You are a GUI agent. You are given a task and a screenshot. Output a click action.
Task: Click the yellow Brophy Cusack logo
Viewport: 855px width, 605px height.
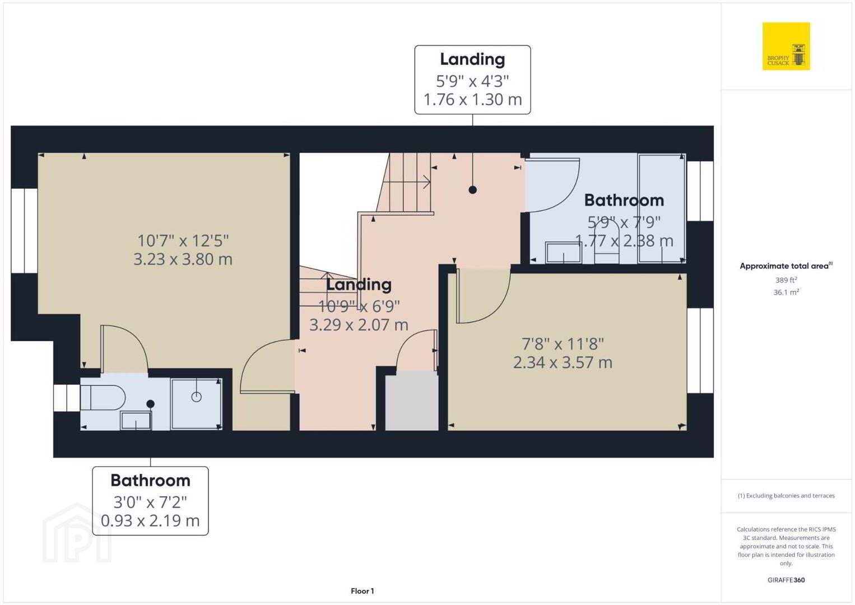click(786, 46)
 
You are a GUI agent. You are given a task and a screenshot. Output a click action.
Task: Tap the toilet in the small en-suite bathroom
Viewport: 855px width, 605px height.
click(103, 397)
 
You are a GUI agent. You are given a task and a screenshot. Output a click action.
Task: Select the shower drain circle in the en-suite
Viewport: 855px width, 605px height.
click(196, 397)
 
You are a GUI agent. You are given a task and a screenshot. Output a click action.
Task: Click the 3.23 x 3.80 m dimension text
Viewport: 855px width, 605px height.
click(183, 259)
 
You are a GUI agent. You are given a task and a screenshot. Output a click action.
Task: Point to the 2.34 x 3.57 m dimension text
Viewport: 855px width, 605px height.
click(563, 362)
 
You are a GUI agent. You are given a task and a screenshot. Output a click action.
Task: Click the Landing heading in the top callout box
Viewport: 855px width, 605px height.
click(472, 59)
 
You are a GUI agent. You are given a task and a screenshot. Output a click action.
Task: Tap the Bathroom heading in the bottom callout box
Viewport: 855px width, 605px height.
click(150, 481)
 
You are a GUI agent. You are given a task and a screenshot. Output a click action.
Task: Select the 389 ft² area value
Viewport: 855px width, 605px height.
click(786, 280)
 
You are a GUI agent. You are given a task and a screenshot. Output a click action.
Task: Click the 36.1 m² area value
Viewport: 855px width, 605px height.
click(786, 292)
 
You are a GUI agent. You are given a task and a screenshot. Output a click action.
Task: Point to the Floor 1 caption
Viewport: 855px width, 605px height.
click(363, 591)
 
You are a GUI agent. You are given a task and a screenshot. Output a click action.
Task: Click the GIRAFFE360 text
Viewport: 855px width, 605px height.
click(786, 580)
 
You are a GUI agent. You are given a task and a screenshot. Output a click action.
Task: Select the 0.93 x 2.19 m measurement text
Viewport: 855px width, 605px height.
click(150, 520)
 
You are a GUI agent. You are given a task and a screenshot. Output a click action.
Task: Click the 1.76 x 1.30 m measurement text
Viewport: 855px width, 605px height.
click(472, 100)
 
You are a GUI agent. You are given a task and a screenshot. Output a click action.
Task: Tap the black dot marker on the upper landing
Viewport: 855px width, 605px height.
click(472, 190)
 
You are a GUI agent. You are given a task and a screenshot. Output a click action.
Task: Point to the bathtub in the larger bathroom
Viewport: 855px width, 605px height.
click(662, 208)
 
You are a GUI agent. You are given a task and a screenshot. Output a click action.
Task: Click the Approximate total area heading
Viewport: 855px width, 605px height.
click(786, 266)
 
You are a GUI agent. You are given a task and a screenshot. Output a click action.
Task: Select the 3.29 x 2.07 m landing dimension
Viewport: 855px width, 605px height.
click(359, 325)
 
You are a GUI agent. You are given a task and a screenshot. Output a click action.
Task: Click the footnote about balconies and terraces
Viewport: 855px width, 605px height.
click(786, 495)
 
